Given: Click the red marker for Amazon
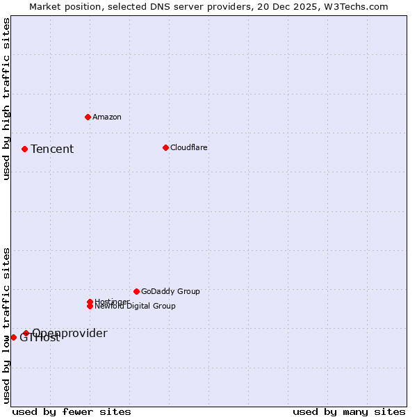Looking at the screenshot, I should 88,117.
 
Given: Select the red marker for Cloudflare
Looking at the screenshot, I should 165,147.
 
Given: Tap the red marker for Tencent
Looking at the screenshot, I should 24,149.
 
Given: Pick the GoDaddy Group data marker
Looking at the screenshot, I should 136,291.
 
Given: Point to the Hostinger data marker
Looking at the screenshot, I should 90,302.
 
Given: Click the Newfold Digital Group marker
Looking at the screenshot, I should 90,306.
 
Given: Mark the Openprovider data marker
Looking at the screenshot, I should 26,333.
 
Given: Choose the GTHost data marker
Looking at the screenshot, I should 13,337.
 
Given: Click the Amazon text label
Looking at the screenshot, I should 107,117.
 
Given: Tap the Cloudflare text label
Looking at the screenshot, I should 189,147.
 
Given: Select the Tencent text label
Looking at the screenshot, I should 52,149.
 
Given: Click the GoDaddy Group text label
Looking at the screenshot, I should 170,291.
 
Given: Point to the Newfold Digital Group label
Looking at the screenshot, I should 135,306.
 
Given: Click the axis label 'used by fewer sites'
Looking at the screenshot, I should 72,411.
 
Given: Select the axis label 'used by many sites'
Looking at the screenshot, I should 349,411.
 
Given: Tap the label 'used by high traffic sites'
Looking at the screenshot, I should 6,99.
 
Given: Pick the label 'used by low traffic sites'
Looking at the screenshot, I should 6,325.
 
